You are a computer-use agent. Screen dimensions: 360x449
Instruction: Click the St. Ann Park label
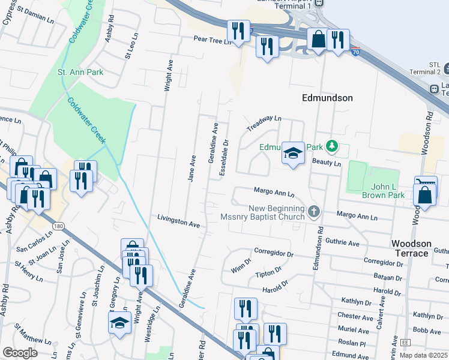click(x=80, y=73)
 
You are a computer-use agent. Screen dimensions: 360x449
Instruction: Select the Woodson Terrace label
click(x=411, y=248)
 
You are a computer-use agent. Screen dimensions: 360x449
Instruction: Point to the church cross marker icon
click(x=314, y=211)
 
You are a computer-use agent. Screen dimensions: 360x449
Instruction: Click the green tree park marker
click(x=331, y=146)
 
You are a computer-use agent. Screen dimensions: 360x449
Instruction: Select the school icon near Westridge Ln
click(x=120, y=322)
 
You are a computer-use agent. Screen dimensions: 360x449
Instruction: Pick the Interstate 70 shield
click(x=355, y=52)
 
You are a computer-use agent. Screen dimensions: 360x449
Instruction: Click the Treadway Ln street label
click(x=264, y=124)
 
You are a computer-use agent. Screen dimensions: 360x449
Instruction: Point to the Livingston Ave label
click(x=178, y=221)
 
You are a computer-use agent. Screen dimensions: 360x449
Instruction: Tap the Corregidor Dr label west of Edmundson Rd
click(x=273, y=254)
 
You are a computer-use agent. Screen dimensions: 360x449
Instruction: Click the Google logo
click(x=20, y=353)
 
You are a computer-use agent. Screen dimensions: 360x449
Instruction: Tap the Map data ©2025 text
click(x=423, y=355)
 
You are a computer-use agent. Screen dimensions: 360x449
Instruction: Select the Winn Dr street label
click(x=241, y=263)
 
